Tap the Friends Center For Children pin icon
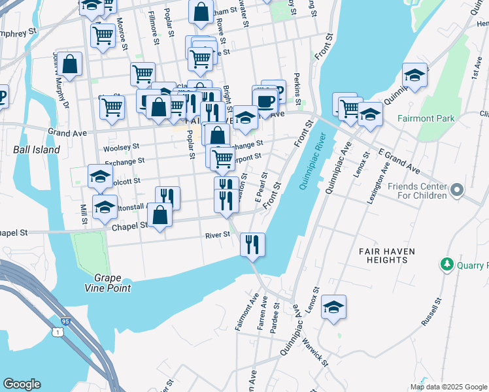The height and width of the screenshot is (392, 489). pyautogui.click(x=456, y=191)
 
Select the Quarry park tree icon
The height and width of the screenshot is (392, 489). pyautogui.click(x=447, y=265)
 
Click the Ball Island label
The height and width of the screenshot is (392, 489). pyautogui.click(x=37, y=150)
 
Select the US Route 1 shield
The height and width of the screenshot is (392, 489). pyautogui.click(x=59, y=333)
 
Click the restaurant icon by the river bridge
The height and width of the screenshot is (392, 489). pyautogui.click(x=252, y=244)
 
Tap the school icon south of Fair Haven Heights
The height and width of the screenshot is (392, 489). pyautogui.click(x=333, y=307)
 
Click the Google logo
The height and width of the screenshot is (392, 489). pyautogui.click(x=22, y=384)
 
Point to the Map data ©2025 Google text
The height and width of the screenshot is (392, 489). pyautogui.click(x=449, y=387)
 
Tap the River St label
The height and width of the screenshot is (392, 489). pyautogui.click(x=218, y=235)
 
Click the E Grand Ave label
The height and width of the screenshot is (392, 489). pyautogui.click(x=399, y=161)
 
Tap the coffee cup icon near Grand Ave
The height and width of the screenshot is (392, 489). pyautogui.click(x=265, y=101)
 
